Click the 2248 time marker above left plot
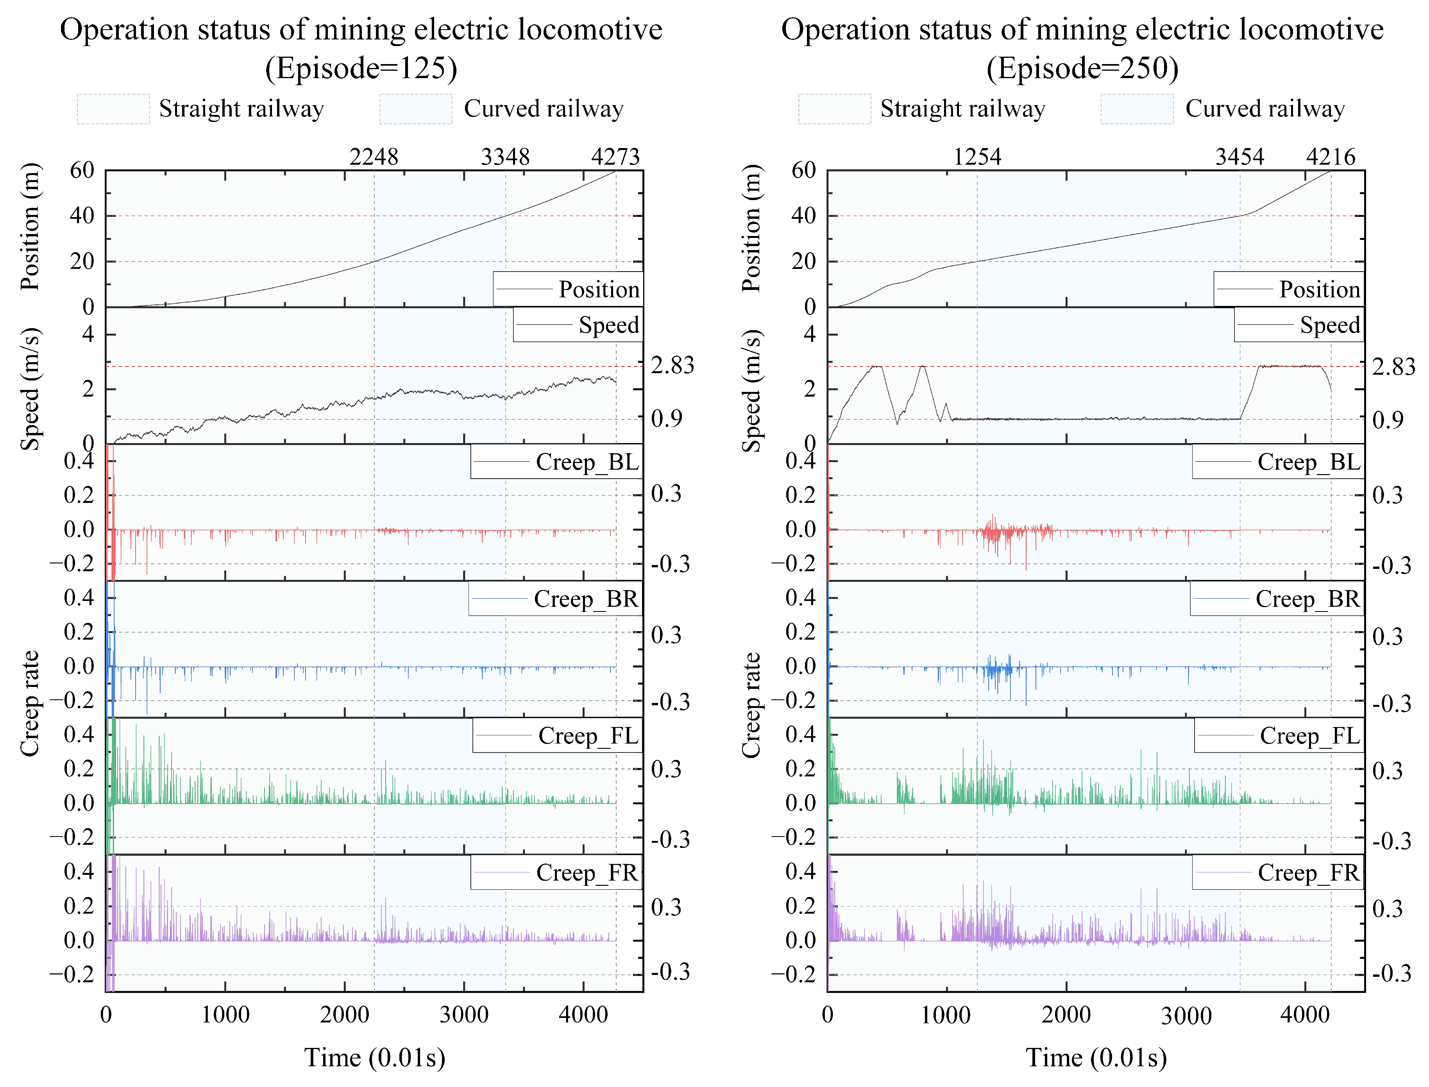(x=374, y=157)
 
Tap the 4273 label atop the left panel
(x=615, y=157)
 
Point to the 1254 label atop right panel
(x=977, y=157)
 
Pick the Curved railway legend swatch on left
(x=415, y=109)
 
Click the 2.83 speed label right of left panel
(x=672, y=366)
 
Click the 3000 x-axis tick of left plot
(x=464, y=1014)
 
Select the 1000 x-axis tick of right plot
(x=945, y=1014)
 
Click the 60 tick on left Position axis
(x=82, y=170)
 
